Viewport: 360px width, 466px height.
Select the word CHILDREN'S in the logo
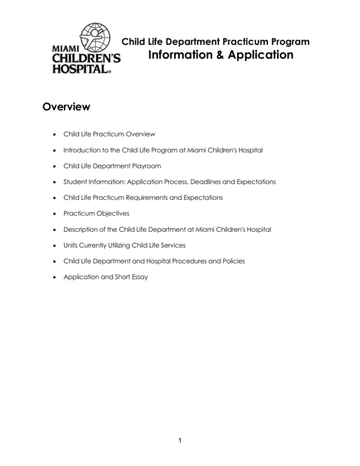tap(86, 59)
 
